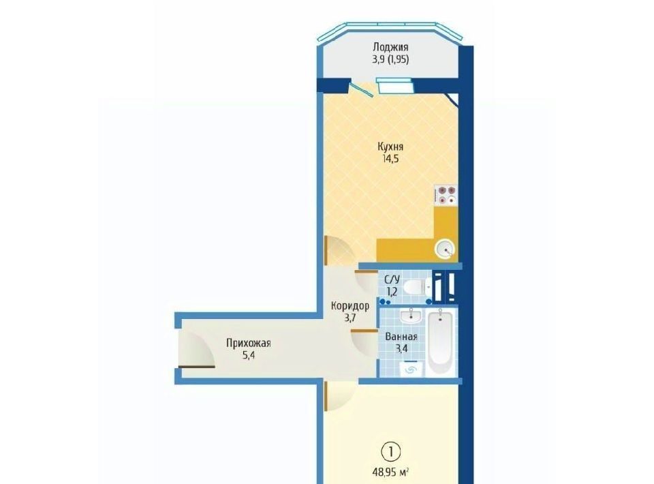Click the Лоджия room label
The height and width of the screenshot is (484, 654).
tap(390, 47)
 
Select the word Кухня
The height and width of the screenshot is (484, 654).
tap(390, 147)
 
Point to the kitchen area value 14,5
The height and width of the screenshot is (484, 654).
tap(390, 159)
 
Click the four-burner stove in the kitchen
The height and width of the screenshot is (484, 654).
tap(446, 195)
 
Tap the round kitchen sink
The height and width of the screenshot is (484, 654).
tap(445, 250)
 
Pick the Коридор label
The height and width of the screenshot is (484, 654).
tap(350, 306)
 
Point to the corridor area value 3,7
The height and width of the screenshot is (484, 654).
tap(350, 318)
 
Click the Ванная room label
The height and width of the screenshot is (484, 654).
tap(401, 336)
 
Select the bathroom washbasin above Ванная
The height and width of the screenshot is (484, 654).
tap(411, 316)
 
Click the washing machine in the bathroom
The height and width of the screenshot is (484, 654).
tap(411, 368)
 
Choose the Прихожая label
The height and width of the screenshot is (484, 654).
tap(248, 344)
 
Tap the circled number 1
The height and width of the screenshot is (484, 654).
tap(390, 452)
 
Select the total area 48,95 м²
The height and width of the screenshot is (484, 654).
tap(390, 472)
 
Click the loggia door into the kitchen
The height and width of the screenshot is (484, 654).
tap(362, 89)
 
